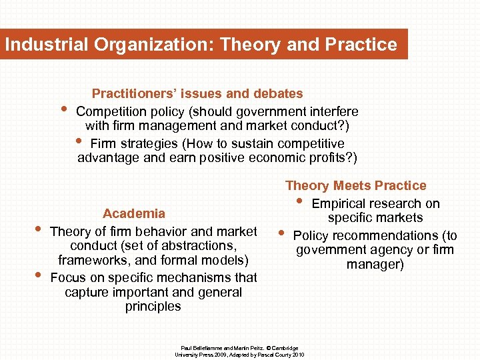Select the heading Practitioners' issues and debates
pos(197,94)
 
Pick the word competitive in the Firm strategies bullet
pos(308,144)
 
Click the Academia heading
pos(134,214)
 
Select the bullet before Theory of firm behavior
pos(38,229)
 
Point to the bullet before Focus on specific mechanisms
pos(38,275)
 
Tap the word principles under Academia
pos(153,307)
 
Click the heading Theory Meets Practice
pos(355,186)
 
